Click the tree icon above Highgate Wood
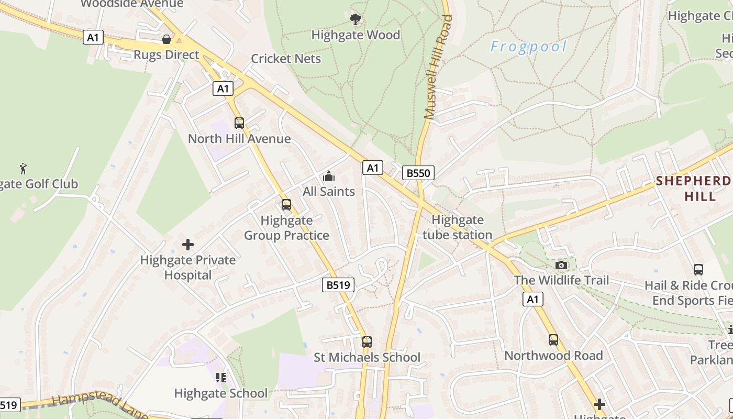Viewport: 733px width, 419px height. point(356,19)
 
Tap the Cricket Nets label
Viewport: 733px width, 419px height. point(286,58)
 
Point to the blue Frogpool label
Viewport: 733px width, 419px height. point(528,47)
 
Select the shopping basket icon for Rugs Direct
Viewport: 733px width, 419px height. point(166,39)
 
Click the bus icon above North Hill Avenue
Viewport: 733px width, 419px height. point(239,123)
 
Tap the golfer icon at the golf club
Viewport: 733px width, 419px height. point(23,169)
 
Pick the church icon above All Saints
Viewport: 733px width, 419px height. point(329,176)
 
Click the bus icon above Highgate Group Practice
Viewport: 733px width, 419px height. point(286,205)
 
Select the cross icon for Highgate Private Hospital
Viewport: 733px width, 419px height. point(188,244)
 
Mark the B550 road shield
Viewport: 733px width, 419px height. point(418,173)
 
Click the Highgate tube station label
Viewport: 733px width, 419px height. point(458,227)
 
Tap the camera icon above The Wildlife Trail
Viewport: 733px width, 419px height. point(561,265)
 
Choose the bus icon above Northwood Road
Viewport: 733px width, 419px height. point(553,340)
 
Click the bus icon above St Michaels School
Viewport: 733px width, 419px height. point(367,342)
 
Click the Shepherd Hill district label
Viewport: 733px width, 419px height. point(694,189)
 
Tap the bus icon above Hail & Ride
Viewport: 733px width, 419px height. point(698,270)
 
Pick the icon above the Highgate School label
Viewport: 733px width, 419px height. point(221,377)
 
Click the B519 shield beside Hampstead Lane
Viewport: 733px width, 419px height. point(9,405)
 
